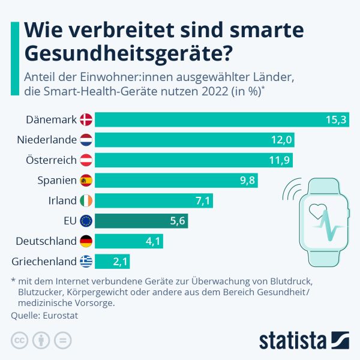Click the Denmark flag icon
coord(86,119)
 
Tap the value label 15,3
coord(336,119)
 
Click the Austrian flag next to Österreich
coord(86,160)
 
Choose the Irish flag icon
coord(86,200)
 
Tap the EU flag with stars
coord(86,221)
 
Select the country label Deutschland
coord(45,241)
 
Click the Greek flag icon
coord(86,262)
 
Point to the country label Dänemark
coord(51,119)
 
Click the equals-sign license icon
coord(62,340)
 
